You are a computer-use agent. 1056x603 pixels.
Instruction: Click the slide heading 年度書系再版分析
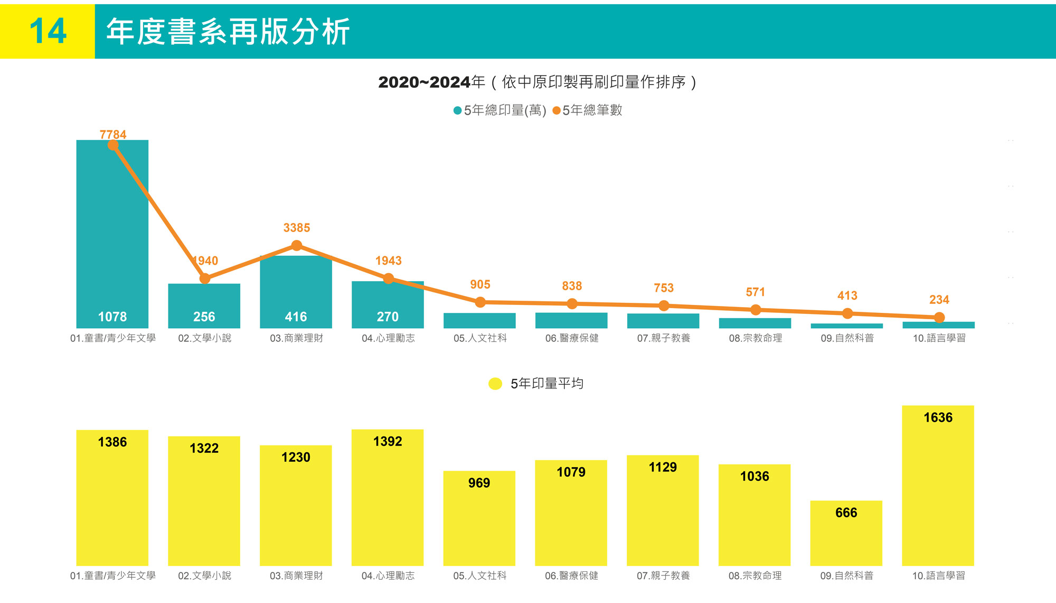(x=228, y=32)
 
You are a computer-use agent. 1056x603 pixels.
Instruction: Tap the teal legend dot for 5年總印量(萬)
(x=458, y=110)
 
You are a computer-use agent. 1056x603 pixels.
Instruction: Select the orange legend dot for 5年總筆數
(x=556, y=110)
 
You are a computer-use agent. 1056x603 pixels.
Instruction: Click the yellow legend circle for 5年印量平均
(x=495, y=384)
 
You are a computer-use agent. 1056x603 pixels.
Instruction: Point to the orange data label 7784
(x=113, y=134)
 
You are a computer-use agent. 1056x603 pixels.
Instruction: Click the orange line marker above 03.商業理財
(x=297, y=246)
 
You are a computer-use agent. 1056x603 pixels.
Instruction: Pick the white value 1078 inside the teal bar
(x=112, y=317)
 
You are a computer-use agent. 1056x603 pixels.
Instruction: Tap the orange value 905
(x=480, y=285)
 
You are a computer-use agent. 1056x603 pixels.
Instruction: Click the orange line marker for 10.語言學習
(x=939, y=318)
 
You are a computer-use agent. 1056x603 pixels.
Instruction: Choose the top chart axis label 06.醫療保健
(x=572, y=338)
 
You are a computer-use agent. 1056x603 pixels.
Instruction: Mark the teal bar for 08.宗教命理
(x=755, y=323)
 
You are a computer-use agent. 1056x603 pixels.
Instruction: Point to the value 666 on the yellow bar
(x=846, y=513)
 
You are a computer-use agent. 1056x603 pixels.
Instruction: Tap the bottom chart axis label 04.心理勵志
(x=388, y=576)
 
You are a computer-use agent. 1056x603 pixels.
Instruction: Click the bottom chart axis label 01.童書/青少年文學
(x=113, y=576)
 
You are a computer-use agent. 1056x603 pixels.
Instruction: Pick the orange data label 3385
(x=297, y=228)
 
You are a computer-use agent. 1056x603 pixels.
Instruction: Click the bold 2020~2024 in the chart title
(x=424, y=82)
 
